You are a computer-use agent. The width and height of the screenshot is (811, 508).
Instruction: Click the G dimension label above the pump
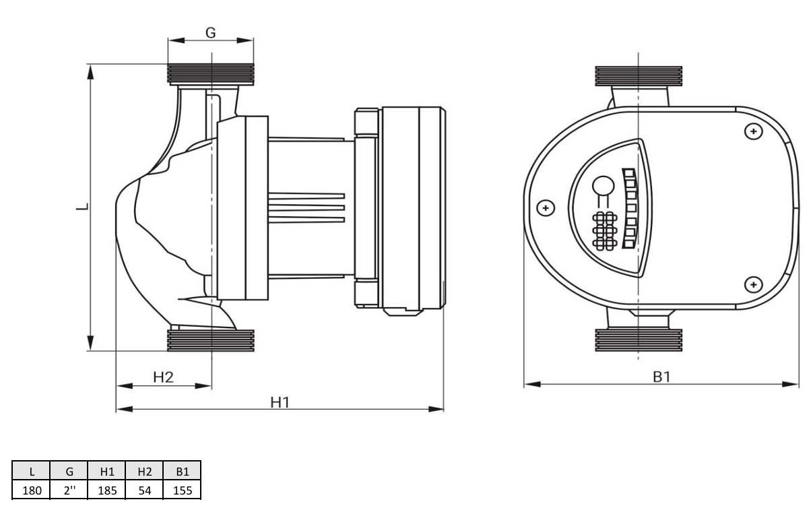[210, 33]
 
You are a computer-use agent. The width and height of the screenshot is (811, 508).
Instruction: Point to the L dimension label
[83, 207]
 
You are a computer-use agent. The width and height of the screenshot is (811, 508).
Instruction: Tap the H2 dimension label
[163, 377]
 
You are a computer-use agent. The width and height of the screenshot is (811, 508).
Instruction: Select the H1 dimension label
[280, 402]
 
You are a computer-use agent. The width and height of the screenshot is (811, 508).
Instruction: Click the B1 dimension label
[661, 377]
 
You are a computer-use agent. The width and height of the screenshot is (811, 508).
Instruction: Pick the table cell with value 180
[32, 490]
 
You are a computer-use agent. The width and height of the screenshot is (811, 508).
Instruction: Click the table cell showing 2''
[69, 490]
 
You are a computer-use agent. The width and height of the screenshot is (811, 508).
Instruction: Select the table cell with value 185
[107, 490]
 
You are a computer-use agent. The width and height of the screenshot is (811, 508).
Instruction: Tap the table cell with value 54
[145, 490]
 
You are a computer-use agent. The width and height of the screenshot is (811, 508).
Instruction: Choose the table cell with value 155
[183, 490]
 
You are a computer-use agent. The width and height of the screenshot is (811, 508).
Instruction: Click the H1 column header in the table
[107, 471]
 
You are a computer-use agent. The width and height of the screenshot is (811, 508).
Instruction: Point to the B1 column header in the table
[183, 471]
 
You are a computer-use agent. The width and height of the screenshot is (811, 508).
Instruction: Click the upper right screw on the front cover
[754, 131]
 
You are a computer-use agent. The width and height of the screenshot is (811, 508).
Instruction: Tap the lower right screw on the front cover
[754, 284]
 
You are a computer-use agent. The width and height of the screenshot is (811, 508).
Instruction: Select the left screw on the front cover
[546, 208]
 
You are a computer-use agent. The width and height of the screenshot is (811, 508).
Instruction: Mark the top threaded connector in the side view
[211, 75]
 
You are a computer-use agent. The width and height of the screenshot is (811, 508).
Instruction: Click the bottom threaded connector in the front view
[639, 340]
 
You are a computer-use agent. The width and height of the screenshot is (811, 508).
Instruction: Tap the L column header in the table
[32, 471]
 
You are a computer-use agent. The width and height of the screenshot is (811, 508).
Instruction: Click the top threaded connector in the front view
[639, 76]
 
